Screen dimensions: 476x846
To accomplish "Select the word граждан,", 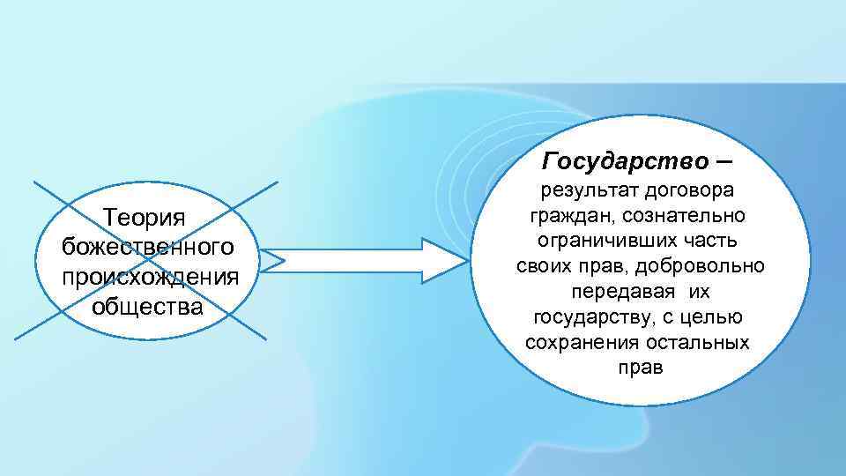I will [x=564, y=216].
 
